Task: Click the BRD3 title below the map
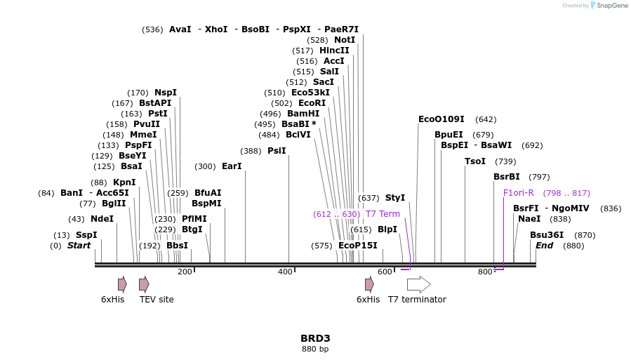pos(314,338)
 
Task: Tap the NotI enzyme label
pos(345,40)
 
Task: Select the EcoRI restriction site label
pos(312,103)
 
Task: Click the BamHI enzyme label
pos(303,114)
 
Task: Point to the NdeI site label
pos(102,219)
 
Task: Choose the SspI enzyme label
pos(86,235)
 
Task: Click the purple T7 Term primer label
pos(383,214)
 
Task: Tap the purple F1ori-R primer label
pos(518,193)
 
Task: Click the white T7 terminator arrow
pos(418,284)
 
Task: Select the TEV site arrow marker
pos(144,284)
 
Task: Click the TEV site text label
pos(157,300)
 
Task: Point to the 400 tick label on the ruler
pos(285,272)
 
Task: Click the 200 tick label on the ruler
pos(185,272)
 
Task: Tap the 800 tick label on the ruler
pos(485,272)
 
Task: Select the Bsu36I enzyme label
pos(547,235)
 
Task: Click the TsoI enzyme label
pos(475,161)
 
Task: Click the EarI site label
pos(232,166)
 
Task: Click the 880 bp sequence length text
pos(314,349)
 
